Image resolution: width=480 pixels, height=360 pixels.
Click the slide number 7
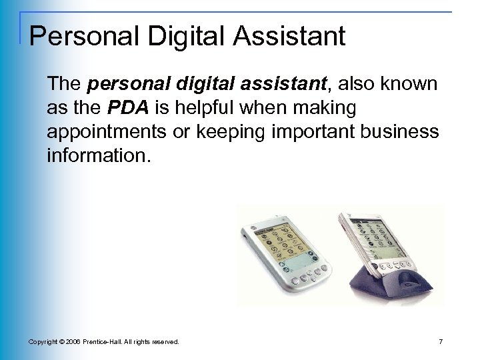pyautogui.click(x=440, y=341)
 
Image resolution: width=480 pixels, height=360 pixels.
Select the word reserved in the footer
pyautogui.click(x=165, y=342)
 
